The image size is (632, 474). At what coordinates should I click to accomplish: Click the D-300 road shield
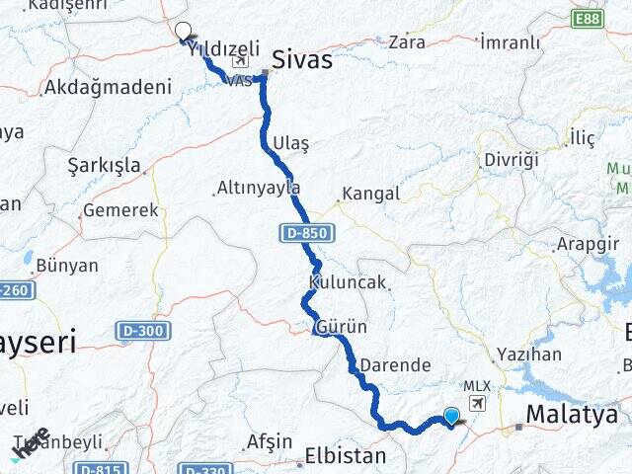tap(141, 331)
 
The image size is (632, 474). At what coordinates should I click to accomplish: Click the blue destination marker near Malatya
tap(452, 417)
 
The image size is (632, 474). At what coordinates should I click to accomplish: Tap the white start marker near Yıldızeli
tap(183, 31)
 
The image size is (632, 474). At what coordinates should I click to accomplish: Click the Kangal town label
tap(369, 194)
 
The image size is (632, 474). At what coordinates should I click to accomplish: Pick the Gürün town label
tap(342, 327)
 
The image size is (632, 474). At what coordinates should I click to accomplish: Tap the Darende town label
tap(395, 364)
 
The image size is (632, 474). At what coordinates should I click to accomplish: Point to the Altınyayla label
tap(260, 188)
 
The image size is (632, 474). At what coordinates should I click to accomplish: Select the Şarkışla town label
tap(105, 165)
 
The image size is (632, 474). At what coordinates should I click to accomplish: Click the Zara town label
tap(407, 41)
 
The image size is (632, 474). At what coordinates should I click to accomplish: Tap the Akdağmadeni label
tap(108, 87)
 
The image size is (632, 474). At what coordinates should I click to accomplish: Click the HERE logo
tap(30, 442)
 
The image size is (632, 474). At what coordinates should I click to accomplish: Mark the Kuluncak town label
tap(347, 282)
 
